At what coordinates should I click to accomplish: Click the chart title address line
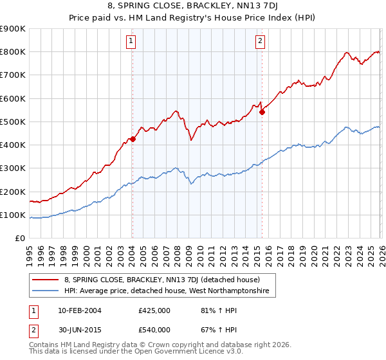(192, 6)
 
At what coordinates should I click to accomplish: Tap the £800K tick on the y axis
(13, 52)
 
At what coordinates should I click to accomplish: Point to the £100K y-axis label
(13, 215)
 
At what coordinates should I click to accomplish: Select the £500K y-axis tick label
(13, 122)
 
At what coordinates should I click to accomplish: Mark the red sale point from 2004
(133, 139)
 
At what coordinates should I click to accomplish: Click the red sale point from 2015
(262, 112)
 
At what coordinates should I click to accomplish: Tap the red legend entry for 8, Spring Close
(161, 280)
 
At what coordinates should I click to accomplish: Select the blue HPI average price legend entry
(169, 292)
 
